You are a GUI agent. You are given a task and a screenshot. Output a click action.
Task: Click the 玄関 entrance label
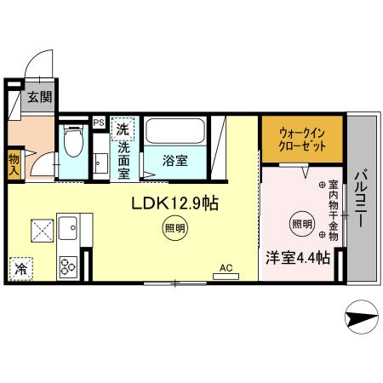click(x=37, y=97)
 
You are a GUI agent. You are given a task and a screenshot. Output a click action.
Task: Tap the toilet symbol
click(x=74, y=144)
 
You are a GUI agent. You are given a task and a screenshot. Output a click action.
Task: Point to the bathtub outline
click(x=174, y=132)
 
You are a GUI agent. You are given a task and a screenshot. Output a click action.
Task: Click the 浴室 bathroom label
click(x=175, y=159)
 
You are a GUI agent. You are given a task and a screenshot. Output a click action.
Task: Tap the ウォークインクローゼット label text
click(x=301, y=138)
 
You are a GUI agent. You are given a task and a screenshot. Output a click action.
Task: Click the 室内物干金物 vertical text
click(x=333, y=210)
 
